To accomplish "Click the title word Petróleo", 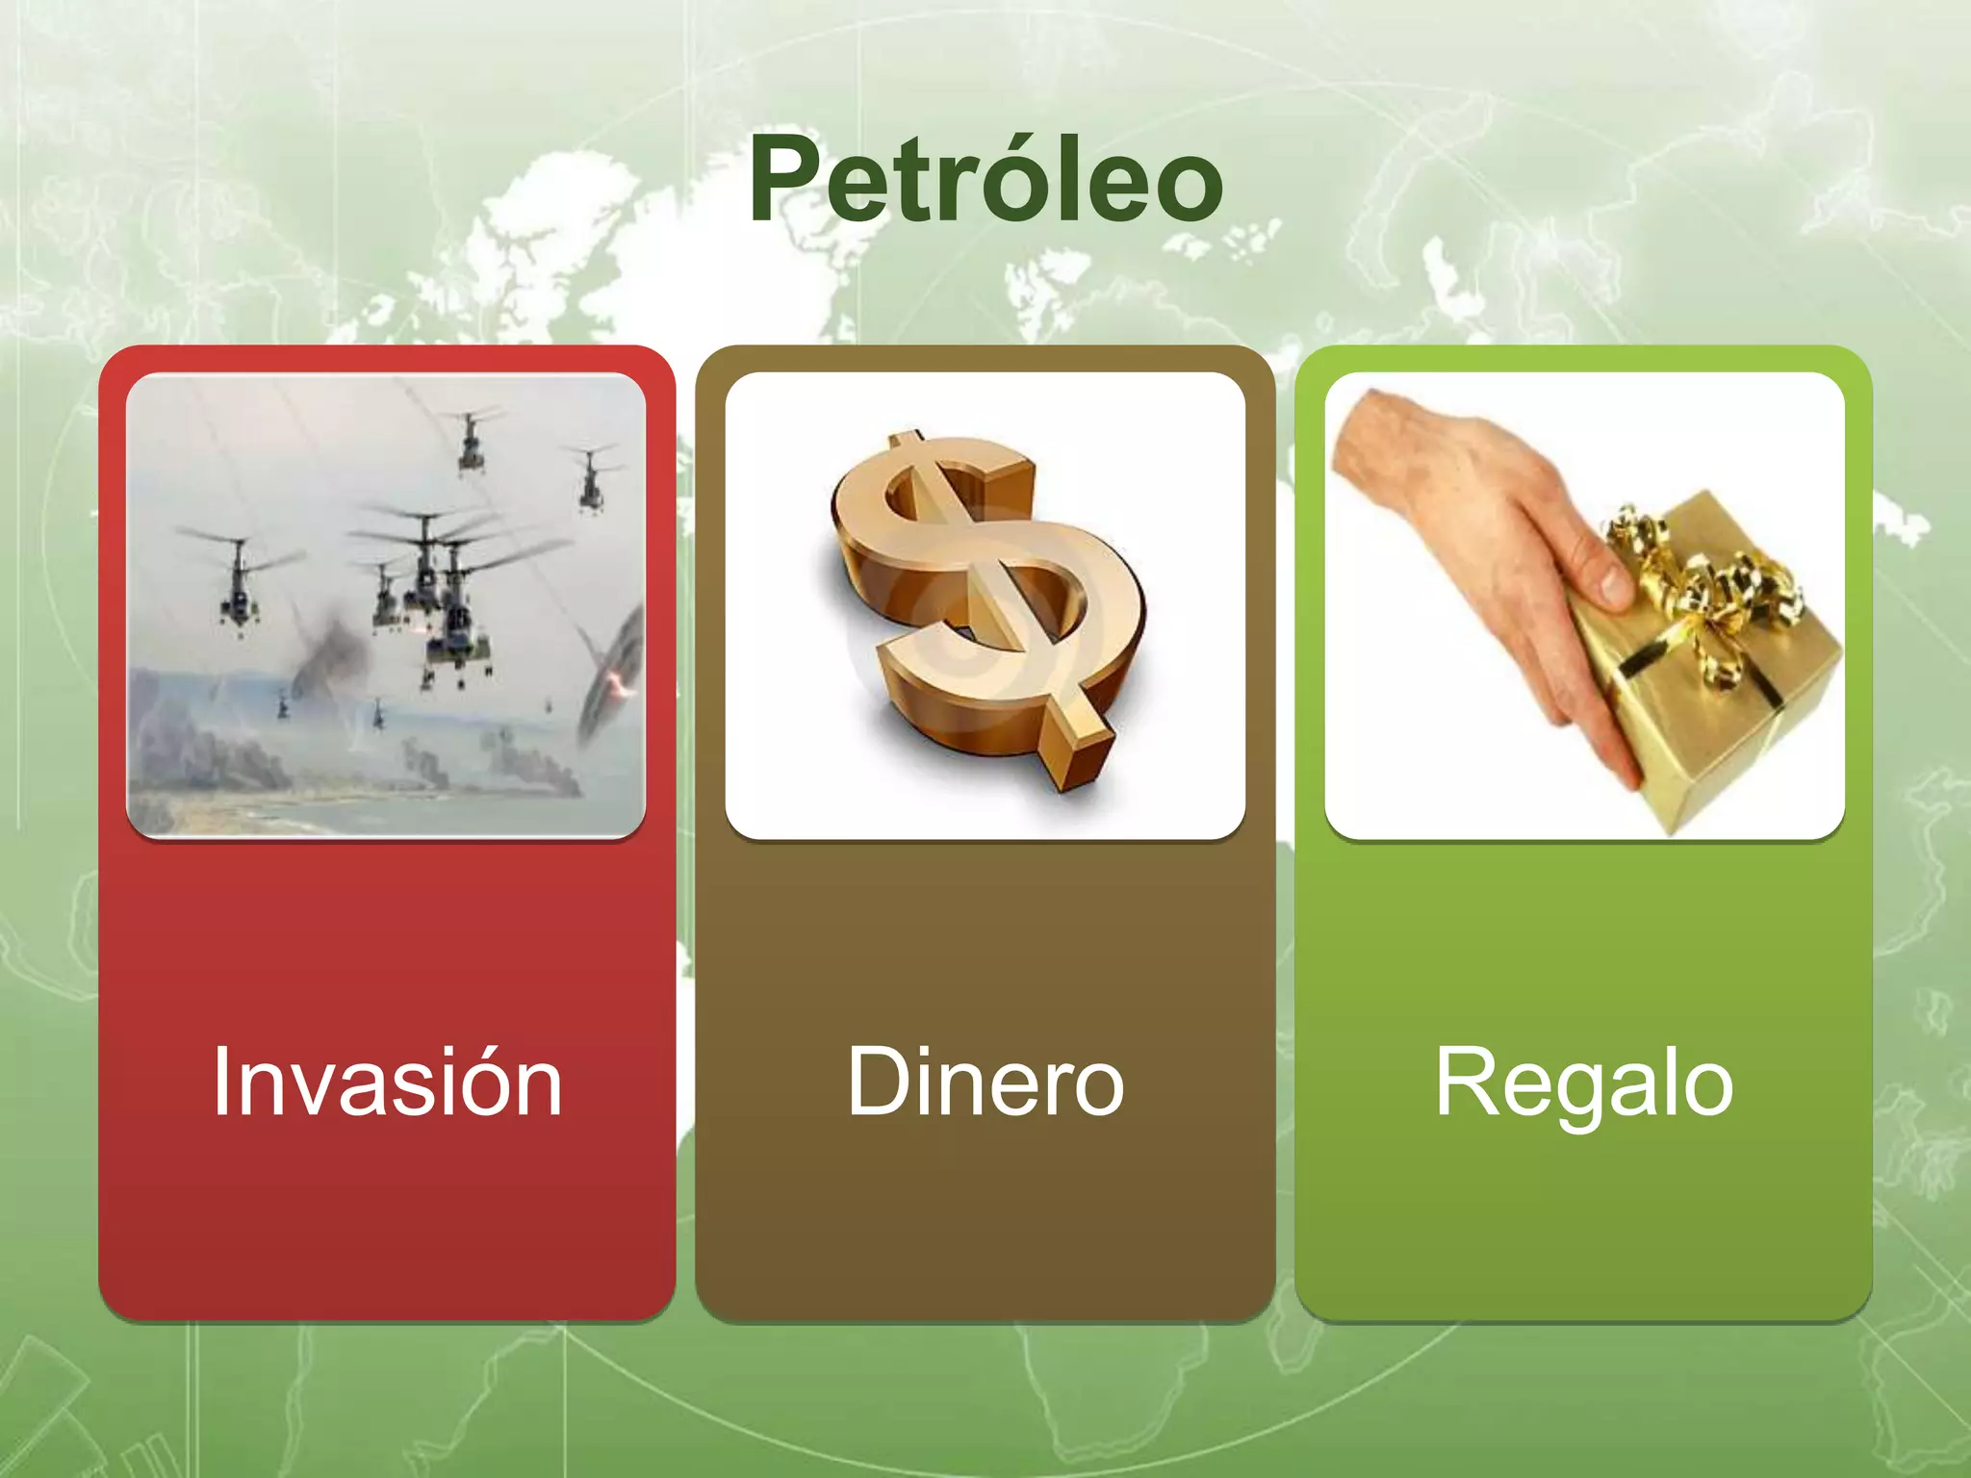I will (x=985, y=181).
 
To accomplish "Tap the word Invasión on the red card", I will (x=387, y=1083).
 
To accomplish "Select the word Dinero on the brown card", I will (x=985, y=1083).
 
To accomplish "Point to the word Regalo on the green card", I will (x=1584, y=1083).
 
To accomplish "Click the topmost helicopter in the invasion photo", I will (x=469, y=438).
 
